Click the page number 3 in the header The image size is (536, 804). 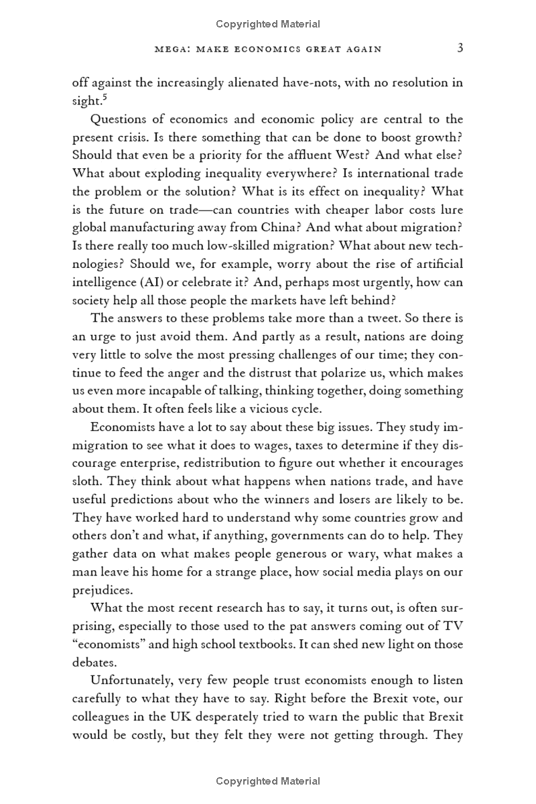click(x=459, y=48)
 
